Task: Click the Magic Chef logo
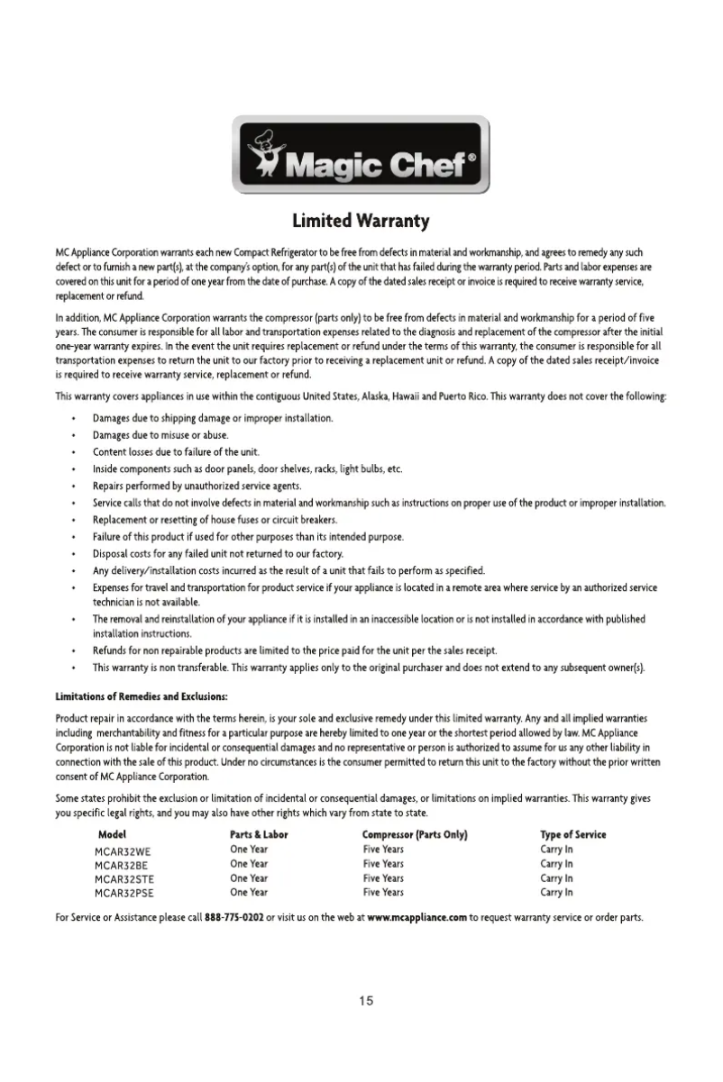point(361,154)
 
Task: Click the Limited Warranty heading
point(361,221)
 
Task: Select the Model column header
point(110,834)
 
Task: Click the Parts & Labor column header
point(259,834)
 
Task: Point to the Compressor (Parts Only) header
point(414,834)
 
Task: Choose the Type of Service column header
point(572,834)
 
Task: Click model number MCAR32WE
point(124,850)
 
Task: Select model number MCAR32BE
point(123,864)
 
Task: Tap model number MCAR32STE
point(125,878)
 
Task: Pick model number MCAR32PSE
point(125,893)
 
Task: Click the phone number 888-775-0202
point(234,918)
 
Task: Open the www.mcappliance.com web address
point(416,918)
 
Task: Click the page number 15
point(365,1001)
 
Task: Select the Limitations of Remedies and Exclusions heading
point(141,696)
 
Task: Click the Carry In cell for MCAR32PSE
point(556,893)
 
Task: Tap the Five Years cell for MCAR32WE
point(383,850)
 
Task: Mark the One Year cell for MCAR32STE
point(249,878)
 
